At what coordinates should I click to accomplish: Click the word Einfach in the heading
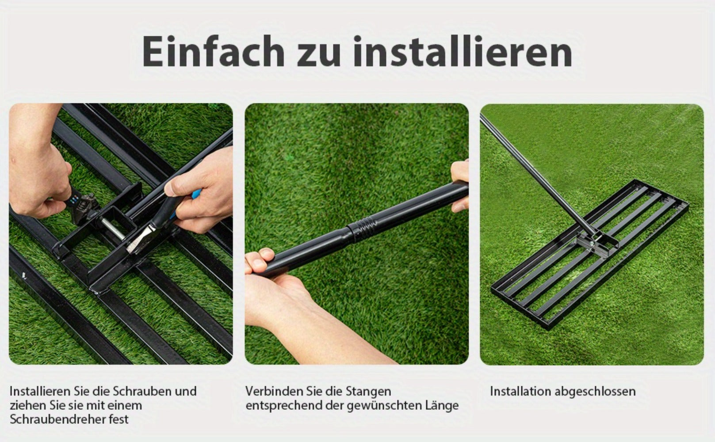click(x=213, y=51)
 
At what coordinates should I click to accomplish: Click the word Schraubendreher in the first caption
click(x=58, y=419)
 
